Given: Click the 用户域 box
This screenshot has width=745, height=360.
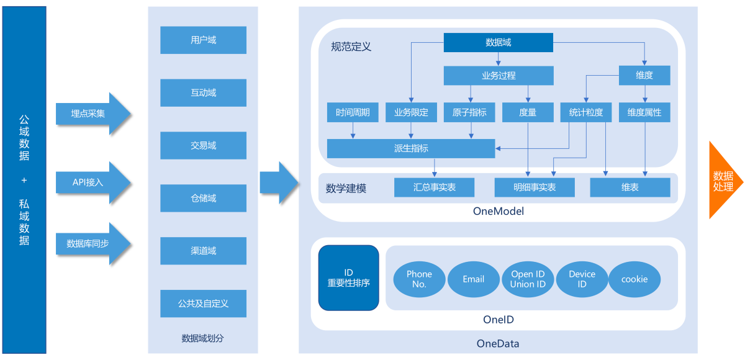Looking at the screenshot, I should [203, 40].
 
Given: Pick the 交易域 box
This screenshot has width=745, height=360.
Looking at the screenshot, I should [203, 146].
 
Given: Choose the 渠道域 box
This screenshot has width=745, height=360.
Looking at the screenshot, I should [203, 251].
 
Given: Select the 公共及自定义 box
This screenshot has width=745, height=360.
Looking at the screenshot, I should [203, 304].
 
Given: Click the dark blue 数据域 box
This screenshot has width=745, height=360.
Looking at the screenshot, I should [498, 42].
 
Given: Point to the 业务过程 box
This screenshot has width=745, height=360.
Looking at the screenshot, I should [498, 76].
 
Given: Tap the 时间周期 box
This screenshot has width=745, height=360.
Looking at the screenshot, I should [353, 112].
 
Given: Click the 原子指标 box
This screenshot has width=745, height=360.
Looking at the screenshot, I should [469, 112].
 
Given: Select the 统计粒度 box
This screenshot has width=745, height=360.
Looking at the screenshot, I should [585, 112].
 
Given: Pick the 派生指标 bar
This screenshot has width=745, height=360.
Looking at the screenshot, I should [410, 148].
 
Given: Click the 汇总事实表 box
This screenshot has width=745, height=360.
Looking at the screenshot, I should [434, 187].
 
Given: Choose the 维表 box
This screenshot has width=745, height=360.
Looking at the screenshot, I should [630, 187].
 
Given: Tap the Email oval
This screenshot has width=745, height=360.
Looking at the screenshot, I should [473, 279].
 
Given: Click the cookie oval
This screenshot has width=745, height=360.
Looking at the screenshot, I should [634, 279].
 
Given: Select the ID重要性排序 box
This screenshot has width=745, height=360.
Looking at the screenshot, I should [348, 278].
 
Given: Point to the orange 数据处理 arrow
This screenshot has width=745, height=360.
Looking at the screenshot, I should [723, 180].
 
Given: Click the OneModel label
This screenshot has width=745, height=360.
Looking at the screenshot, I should [498, 211].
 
